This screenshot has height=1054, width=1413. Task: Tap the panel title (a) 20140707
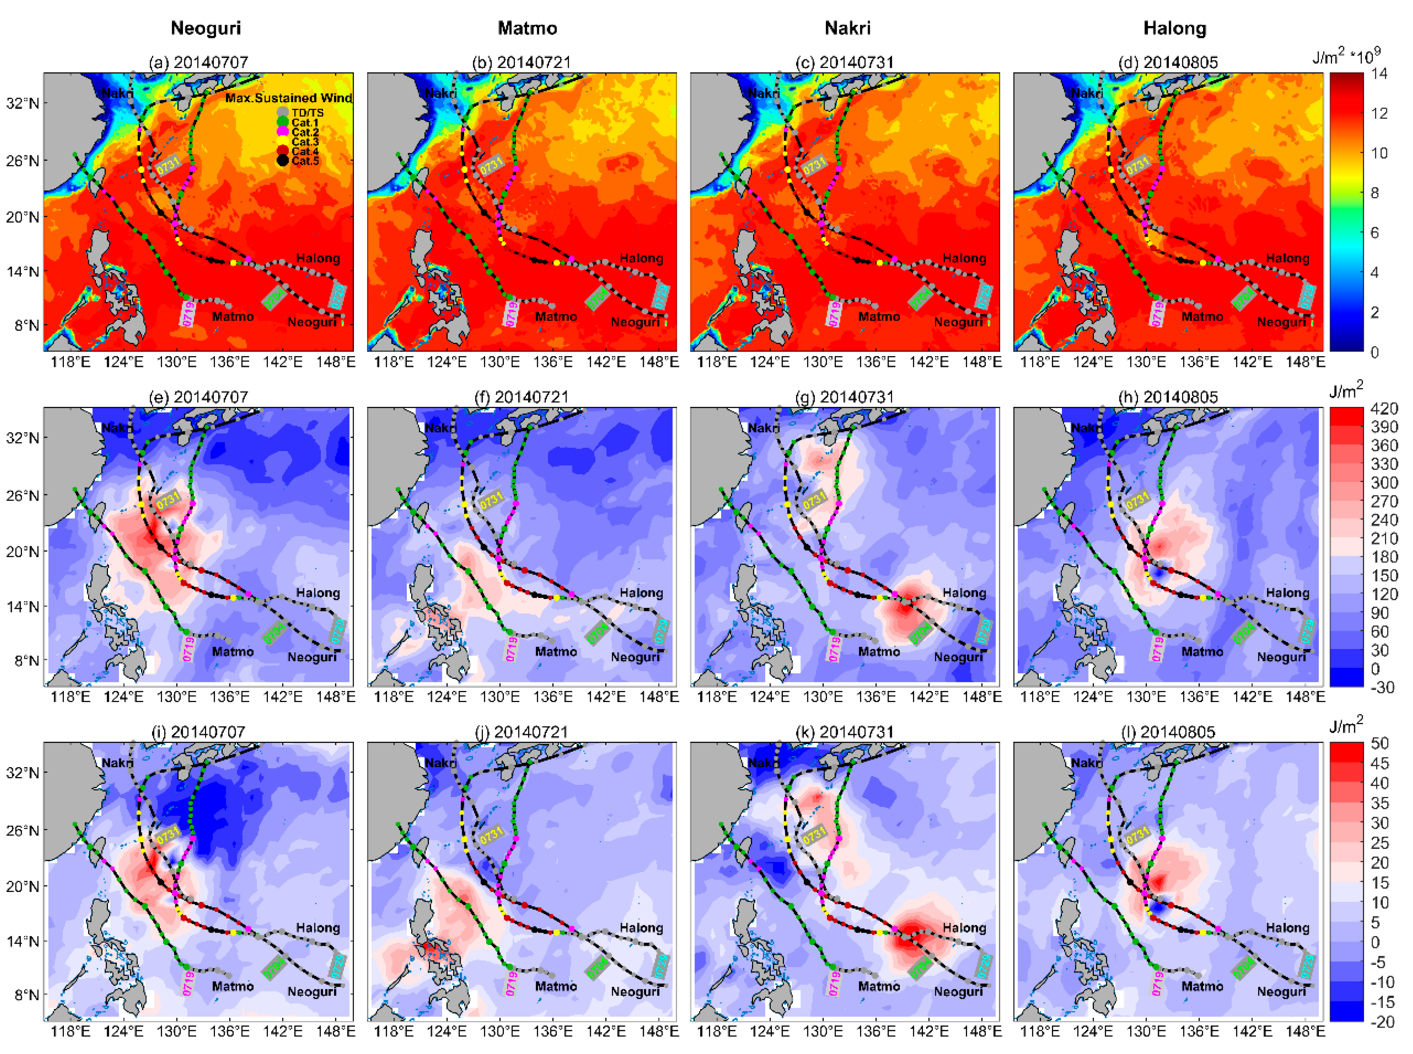(198, 63)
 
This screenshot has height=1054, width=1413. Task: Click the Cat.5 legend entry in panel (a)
(305, 161)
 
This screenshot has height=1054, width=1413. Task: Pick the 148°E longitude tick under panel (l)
(1305, 1031)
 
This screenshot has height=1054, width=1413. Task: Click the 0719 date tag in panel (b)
(511, 313)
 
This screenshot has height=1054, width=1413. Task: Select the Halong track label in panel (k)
(964, 928)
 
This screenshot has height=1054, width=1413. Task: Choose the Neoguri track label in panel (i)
(312, 991)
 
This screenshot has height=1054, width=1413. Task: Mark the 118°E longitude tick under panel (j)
(393, 1031)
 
